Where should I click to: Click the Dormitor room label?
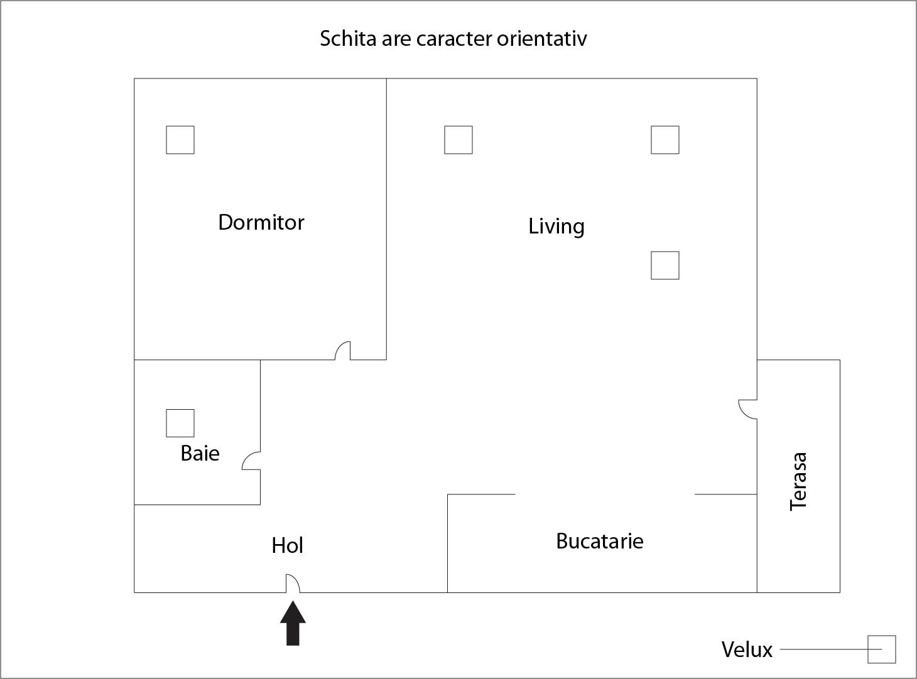(261, 222)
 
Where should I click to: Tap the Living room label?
(556, 226)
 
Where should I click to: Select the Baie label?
(200, 453)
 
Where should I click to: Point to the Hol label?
(287, 545)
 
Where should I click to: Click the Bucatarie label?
(599, 541)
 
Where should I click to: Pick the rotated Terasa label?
(798, 481)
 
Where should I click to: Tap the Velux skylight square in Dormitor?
(180, 139)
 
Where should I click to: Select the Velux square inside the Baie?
(180, 423)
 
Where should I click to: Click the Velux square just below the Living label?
(665, 265)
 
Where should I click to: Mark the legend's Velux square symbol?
(881, 649)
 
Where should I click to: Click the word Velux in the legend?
(746, 650)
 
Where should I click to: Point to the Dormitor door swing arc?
(342, 350)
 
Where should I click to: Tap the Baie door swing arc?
(251, 461)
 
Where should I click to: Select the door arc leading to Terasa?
(747, 409)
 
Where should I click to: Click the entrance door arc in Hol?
(293, 583)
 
